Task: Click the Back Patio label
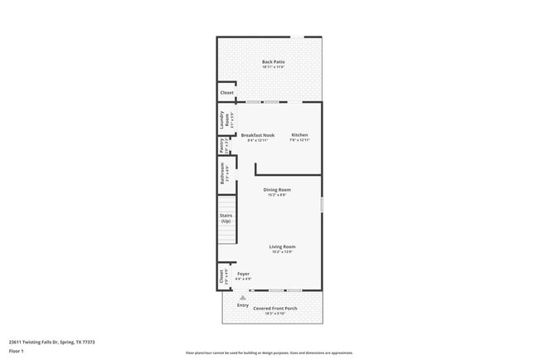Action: pos(273,62)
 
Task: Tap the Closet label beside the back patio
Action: pos(226,93)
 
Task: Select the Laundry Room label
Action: pos(222,119)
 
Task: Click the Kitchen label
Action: pos(299,135)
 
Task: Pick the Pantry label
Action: pos(221,146)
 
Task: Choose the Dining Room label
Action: pos(277,190)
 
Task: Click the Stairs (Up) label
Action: pos(226,219)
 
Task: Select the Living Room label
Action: pos(282,246)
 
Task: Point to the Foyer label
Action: pos(243,274)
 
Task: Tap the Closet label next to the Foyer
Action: pos(221,275)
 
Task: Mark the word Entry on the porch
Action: pos(243,305)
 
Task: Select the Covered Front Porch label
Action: pos(274,309)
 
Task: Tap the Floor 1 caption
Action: pos(17,351)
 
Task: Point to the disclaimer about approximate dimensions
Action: pos(269,353)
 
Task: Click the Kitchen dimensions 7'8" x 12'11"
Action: pos(299,140)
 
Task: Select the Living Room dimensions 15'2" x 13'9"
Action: pos(282,251)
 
